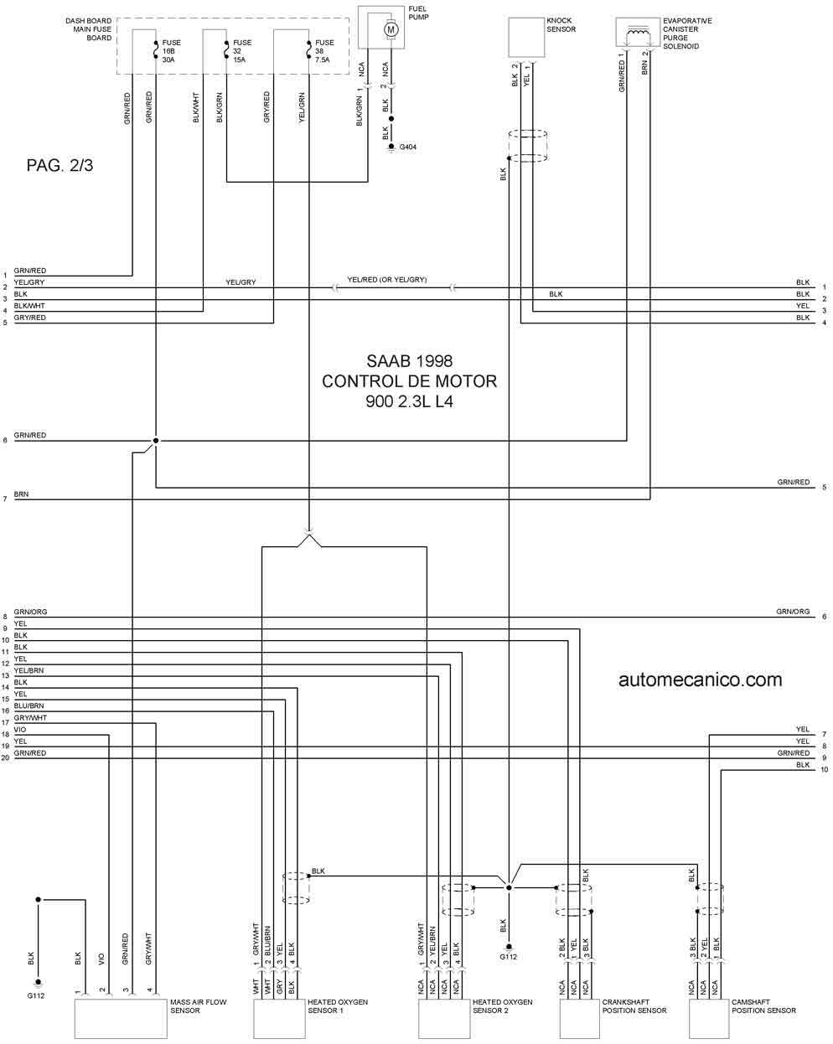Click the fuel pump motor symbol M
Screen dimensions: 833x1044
click(x=391, y=29)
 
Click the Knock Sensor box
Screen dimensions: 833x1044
click(x=526, y=38)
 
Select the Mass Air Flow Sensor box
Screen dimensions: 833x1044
click(x=121, y=1018)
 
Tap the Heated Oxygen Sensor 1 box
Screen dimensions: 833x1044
click(x=279, y=1018)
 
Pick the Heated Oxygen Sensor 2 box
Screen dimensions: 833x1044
click(x=444, y=1018)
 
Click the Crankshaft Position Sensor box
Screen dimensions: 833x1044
click(x=580, y=1018)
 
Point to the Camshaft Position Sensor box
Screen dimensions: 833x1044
click(x=709, y=1018)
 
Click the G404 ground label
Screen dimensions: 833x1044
click(x=407, y=147)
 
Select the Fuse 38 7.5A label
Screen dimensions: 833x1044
click(x=324, y=51)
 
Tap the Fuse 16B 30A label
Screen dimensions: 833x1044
click(x=171, y=51)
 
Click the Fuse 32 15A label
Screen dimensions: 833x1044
click(x=242, y=51)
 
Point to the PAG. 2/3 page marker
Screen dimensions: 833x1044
click(x=59, y=165)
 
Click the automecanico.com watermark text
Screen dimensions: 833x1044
click(x=700, y=680)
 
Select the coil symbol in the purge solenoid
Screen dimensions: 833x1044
click(x=638, y=33)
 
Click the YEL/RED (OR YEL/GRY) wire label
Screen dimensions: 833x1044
click(x=386, y=280)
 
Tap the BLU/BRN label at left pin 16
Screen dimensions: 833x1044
click(x=28, y=705)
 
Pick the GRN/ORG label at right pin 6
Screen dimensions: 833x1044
click(x=793, y=612)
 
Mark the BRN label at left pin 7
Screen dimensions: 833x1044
click(x=21, y=494)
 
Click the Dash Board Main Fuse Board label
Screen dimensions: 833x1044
click(x=88, y=29)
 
